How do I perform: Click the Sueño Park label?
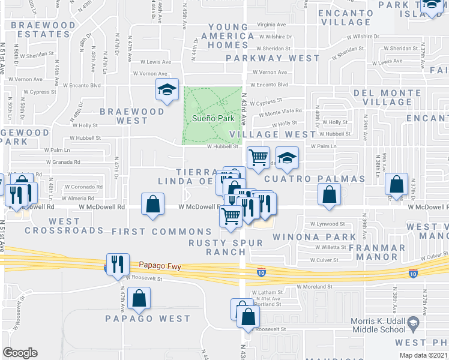(212, 118)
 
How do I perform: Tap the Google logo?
(19, 353)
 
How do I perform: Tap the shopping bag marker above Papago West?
(139, 298)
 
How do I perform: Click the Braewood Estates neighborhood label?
(44, 30)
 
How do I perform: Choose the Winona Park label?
(314, 237)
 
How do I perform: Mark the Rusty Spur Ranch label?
(217, 247)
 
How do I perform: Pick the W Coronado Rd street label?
(79, 186)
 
